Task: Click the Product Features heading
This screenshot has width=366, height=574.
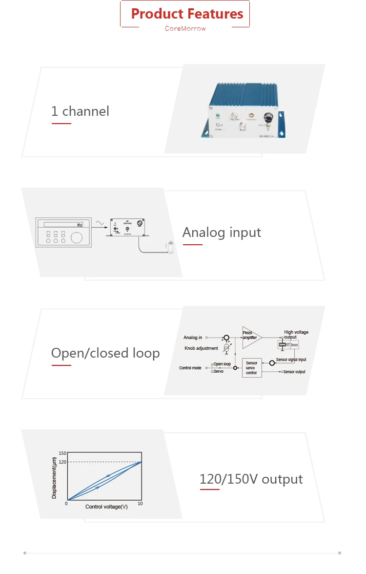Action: tap(187, 14)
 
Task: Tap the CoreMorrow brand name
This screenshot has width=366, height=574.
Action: tap(185, 28)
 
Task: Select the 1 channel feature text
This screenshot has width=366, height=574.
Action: tap(80, 111)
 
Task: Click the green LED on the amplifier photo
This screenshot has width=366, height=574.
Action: tap(218, 117)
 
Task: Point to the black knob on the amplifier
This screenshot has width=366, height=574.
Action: tap(268, 118)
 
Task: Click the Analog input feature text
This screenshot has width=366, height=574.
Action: tap(222, 233)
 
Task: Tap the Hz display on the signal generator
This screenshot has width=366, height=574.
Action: tap(79, 225)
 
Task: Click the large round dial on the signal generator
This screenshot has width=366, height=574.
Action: tap(77, 238)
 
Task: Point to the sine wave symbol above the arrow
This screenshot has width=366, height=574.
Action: tap(100, 223)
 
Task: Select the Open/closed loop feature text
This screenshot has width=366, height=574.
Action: tap(105, 353)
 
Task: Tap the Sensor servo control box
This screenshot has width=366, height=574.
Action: tap(251, 368)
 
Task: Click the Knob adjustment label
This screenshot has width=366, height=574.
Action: tap(201, 348)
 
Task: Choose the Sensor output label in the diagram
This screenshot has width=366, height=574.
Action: tap(294, 372)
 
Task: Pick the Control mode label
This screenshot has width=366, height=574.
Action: tap(190, 368)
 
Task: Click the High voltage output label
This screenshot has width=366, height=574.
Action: tap(296, 335)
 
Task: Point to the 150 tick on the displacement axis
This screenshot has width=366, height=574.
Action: tap(62, 453)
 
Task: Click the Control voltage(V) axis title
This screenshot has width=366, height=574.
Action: tap(106, 507)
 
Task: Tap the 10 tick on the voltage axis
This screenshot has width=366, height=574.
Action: tap(140, 504)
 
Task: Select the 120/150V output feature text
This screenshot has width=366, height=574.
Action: tap(251, 479)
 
